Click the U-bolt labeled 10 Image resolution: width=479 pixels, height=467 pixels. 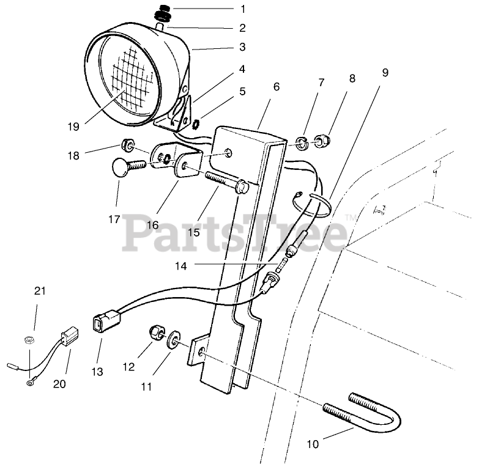tap(373, 410)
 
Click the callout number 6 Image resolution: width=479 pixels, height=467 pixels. tap(277, 87)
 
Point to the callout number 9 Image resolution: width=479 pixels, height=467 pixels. tap(384, 72)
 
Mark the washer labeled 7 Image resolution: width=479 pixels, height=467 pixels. tap(301, 144)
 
